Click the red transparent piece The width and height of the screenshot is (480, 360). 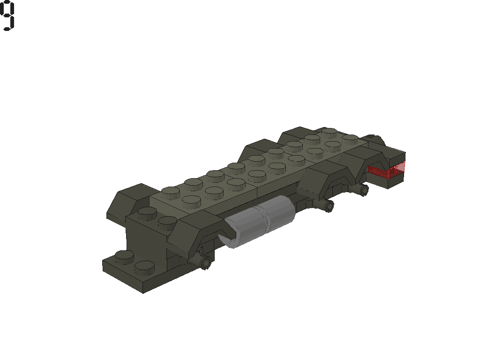393,171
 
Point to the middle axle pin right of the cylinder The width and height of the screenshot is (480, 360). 329,205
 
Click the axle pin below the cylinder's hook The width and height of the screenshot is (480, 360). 205,263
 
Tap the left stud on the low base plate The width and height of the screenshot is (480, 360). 124,256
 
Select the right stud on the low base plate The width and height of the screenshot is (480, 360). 144,268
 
